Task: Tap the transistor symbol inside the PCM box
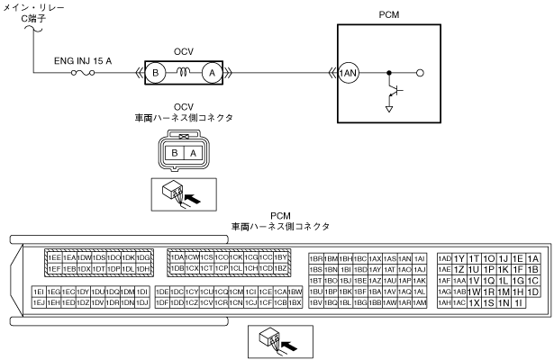click(x=394, y=90)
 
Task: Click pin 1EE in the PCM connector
click(x=54, y=258)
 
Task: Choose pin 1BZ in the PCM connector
click(x=280, y=269)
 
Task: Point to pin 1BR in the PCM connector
click(x=315, y=258)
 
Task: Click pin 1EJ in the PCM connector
click(x=39, y=303)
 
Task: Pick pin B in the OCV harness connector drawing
click(x=175, y=154)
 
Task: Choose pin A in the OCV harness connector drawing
click(x=192, y=154)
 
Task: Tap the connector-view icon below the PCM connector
click(x=279, y=342)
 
